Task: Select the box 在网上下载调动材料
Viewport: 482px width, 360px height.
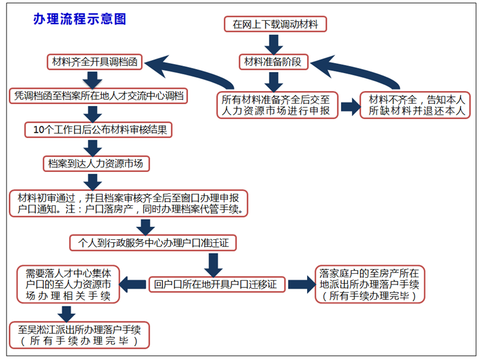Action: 276,24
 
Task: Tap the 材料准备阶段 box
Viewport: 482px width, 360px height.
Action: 274,61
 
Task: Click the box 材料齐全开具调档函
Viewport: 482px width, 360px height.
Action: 95,61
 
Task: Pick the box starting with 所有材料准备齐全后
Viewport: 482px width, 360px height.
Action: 278,104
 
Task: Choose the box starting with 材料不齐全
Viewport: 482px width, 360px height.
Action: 415,104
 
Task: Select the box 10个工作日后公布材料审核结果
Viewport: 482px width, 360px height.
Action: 99,129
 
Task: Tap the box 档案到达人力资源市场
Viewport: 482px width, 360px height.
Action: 96,162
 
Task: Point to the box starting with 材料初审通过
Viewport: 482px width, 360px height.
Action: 129,203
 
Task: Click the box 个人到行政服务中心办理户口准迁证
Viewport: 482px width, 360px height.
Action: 154,243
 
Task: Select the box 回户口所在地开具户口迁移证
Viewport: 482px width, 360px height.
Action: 217,284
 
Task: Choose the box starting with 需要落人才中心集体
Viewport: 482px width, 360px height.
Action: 68,284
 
